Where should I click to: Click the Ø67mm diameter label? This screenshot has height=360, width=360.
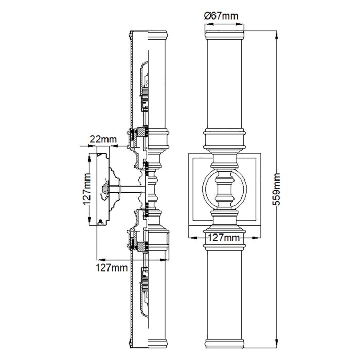[x=221, y=16]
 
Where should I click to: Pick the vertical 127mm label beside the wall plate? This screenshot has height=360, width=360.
[x=87, y=190]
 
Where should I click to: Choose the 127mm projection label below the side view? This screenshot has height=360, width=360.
[x=112, y=267]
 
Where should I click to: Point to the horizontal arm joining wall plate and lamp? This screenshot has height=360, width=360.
[x=132, y=190]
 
